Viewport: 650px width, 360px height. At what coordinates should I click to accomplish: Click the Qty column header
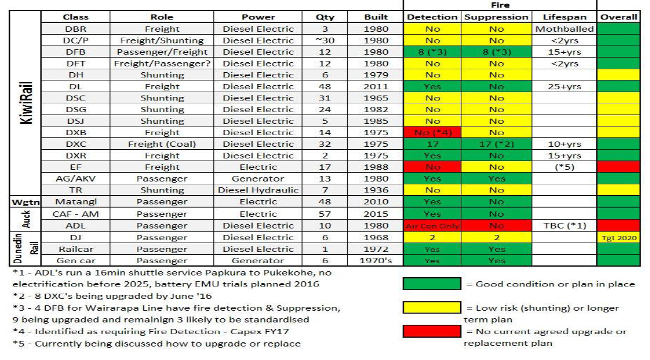pos(325,18)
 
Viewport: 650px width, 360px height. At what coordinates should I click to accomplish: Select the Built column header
pos(376,18)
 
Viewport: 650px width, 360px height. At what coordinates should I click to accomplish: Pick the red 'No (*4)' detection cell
pos(433,133)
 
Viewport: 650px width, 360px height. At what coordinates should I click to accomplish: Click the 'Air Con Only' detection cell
pos(433,226)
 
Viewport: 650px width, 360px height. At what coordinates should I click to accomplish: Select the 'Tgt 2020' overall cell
pos(618,237)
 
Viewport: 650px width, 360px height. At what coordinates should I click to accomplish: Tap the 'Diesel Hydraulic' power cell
pos(259,190)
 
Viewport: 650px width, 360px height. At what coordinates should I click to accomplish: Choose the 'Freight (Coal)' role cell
pos(162,144)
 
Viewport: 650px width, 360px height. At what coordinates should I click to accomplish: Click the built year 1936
pos(376,190)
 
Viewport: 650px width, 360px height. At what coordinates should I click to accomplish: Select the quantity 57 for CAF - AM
pos(325,214)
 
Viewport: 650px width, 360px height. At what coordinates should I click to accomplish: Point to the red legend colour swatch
pos(432,331)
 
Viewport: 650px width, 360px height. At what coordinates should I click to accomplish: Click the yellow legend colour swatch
pos(432,308)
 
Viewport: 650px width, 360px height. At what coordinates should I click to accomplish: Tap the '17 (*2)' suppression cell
pos(497,144)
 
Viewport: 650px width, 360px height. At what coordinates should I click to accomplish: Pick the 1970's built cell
pos(376,260)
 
